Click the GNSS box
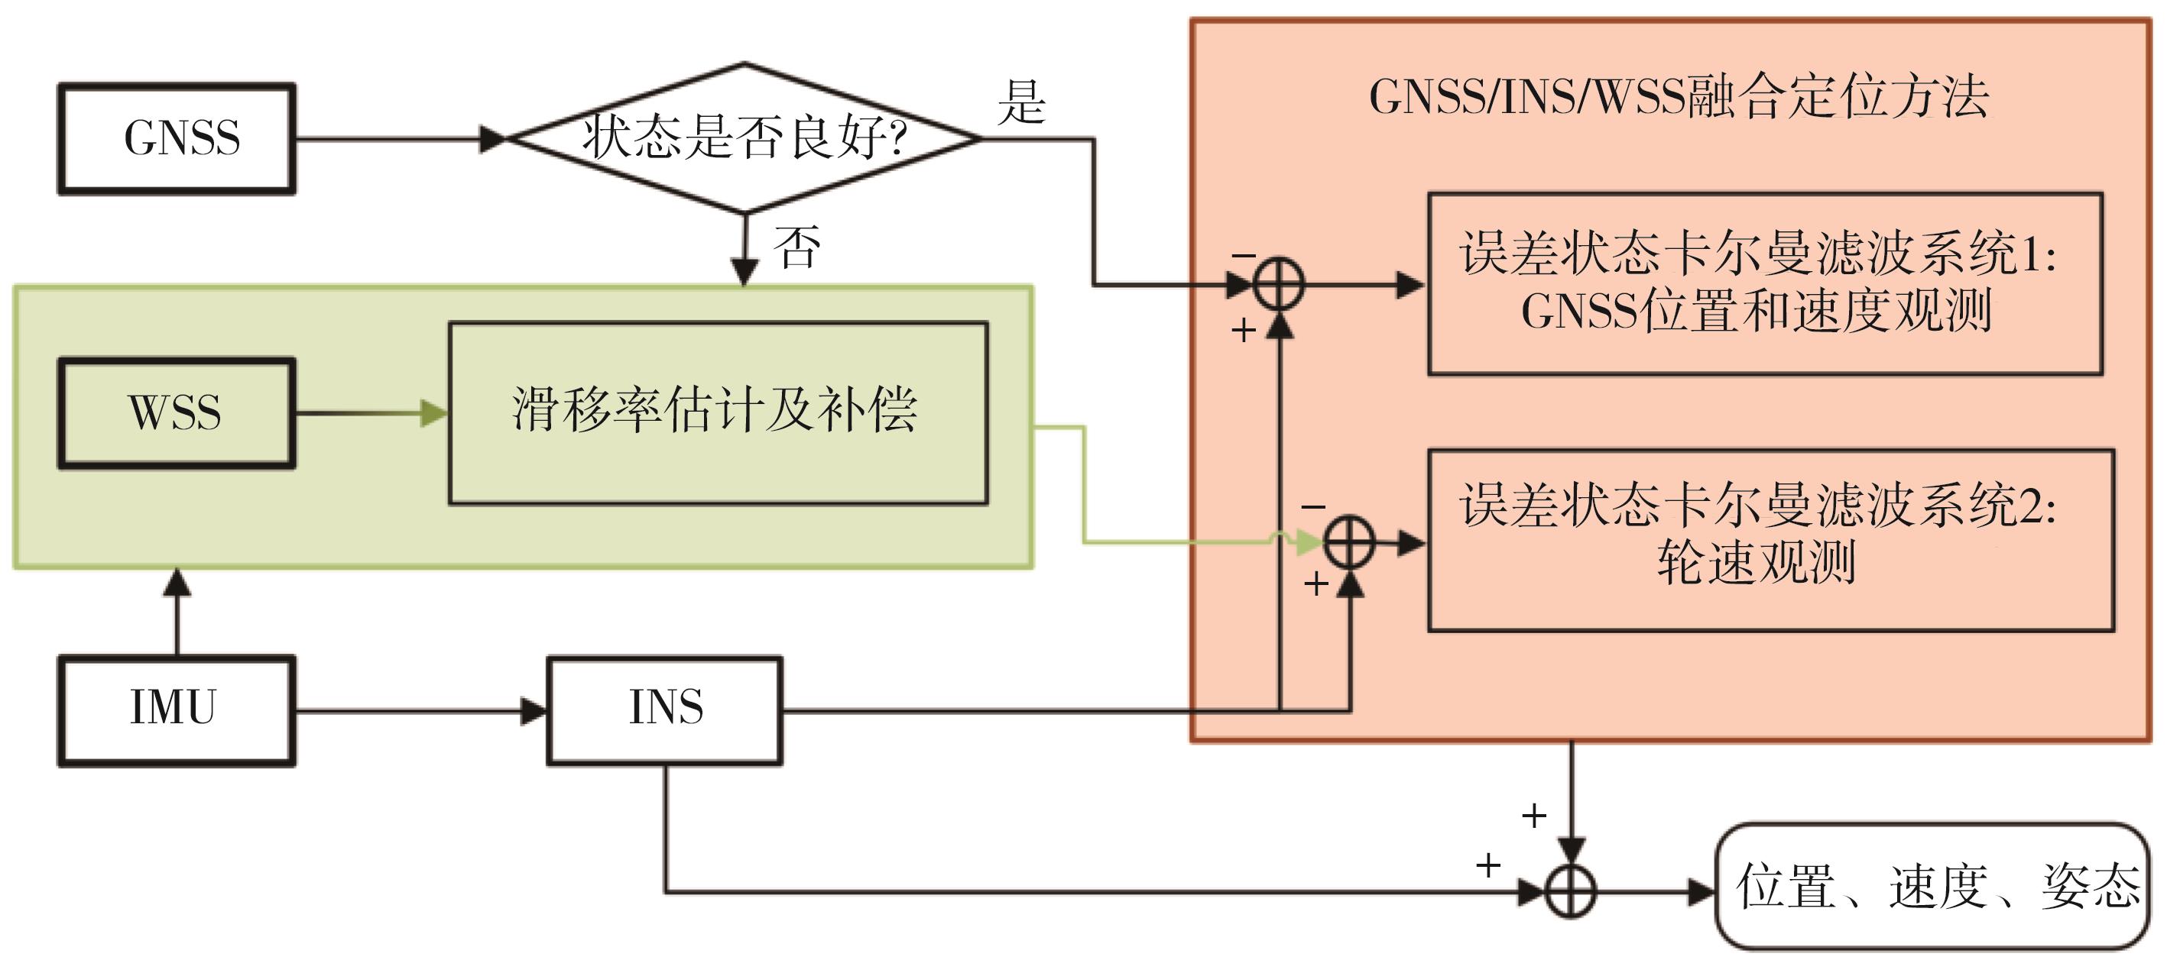tap(177, 139)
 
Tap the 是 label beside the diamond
tap(1021, 102)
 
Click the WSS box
tap(177, 412)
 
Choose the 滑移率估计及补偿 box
tap(718, 412)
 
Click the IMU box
tap(177, 710)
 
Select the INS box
tap(664, 710)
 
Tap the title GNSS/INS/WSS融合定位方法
tap(1679, 98)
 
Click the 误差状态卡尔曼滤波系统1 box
tap(1765, 284)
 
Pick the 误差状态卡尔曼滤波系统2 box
tap(1771, 541)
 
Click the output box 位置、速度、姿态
tap(1933, 887)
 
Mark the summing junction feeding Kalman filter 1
tap(1279, 284)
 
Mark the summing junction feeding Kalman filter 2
tap(1349, 543)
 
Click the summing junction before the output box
tap(1571, 891)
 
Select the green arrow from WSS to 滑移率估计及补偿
tap(370, 412)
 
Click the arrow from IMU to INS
tap(420, 711)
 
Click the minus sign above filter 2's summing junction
tap(1313, 507)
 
